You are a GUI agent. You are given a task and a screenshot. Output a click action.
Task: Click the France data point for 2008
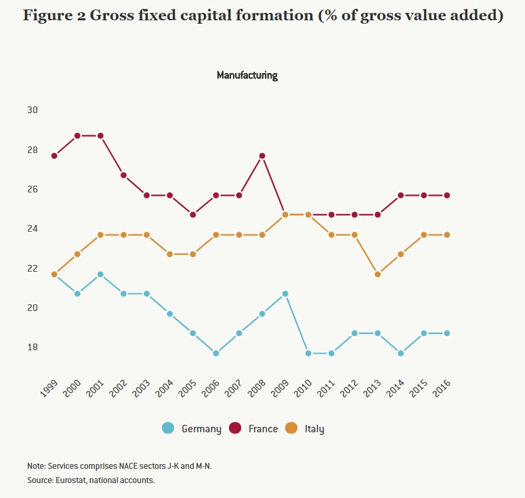(262, 156)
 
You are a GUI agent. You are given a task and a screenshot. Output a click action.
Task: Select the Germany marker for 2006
(216, 353)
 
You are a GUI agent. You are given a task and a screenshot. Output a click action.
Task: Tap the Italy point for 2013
(377, 274)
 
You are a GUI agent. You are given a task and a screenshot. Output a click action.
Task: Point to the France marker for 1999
(54, 156)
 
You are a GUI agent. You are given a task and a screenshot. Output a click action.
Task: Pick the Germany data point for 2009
(285, 293)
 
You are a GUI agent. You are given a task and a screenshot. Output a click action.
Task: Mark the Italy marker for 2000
(77, 254)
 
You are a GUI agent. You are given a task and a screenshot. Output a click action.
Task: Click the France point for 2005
(193, 215)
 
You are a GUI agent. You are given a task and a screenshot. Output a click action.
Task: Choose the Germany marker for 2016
(447, 333)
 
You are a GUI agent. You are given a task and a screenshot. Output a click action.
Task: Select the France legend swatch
(236, 428)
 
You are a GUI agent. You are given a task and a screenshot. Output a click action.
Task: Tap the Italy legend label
(314, 429)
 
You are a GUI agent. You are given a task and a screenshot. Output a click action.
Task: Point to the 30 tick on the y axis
(33, 110)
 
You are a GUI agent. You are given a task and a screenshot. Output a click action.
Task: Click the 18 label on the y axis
(33, 347)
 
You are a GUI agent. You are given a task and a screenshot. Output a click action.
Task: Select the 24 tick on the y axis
(33, 228)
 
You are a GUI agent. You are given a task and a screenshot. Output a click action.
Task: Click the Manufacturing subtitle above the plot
(247, 75)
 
